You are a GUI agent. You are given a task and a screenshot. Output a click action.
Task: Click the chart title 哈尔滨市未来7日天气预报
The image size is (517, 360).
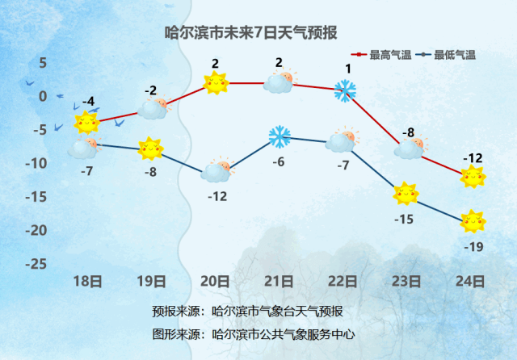click(251, 33)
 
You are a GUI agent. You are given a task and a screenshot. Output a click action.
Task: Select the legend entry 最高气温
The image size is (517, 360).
click(381, 55)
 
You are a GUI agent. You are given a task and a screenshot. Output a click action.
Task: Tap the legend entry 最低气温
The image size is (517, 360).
click(446, 55)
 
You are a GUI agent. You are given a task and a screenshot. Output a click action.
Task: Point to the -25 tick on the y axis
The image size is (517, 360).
click(36, 263)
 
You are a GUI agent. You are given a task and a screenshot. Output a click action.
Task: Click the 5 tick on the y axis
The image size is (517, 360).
click(43, 63)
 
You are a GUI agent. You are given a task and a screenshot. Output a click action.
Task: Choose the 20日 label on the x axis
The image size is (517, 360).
click(215, 282)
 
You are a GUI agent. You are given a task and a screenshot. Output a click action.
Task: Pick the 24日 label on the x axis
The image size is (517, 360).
click(470, 282)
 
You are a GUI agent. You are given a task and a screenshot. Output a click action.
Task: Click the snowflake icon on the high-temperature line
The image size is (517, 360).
click(345, 90)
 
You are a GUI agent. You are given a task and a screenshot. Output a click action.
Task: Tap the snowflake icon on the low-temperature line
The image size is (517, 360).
click(280, 136)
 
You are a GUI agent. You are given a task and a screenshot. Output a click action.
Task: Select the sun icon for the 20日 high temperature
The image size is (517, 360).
click(216, 82)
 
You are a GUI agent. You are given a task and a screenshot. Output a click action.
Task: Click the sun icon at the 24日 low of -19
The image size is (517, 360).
click(473, 221)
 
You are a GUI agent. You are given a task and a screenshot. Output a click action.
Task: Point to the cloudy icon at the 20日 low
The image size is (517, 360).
click(217, 170)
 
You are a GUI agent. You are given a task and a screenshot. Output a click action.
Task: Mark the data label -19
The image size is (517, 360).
click(473, 247)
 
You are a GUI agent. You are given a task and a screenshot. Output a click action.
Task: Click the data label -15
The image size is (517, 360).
click(404, 219)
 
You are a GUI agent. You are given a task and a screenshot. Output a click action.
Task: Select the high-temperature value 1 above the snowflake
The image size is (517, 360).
click(348, 69)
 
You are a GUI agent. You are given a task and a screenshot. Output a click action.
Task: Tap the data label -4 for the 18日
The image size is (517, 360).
click(88, 102)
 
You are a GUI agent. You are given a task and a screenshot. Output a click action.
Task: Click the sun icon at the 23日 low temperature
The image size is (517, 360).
click(406, 194)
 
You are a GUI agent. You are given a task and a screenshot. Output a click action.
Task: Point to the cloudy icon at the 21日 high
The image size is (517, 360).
click(280, 82)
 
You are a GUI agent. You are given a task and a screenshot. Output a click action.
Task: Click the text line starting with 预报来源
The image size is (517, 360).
click(247, 312)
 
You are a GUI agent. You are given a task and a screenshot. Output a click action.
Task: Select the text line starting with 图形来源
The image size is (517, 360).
click(253, 334)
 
